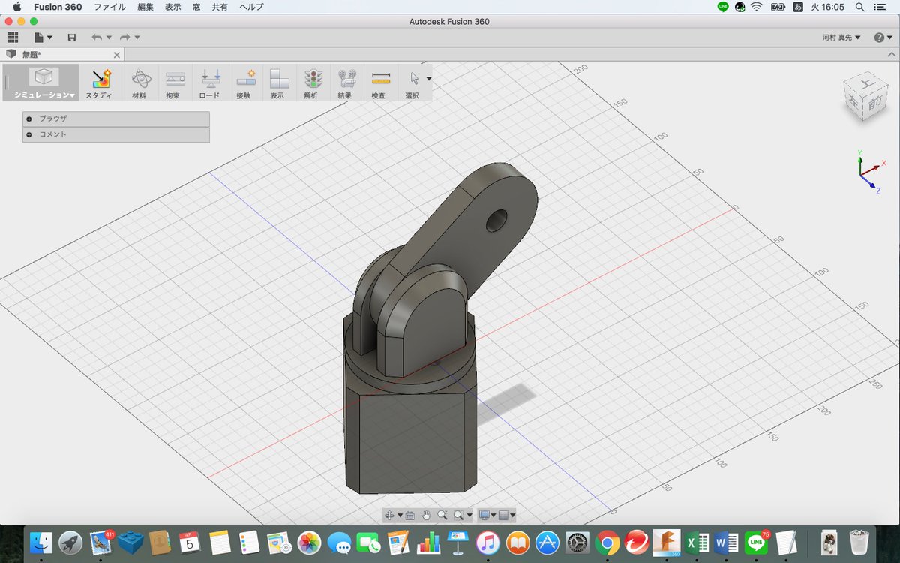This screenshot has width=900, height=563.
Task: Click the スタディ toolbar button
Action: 99,82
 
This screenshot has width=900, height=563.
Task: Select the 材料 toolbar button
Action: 139,82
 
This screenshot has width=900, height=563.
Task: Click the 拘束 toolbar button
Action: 174,82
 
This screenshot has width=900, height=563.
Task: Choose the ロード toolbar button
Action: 210,82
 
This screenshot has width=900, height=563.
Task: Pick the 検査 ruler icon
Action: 380,78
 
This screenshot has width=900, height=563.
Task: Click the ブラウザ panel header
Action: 116,119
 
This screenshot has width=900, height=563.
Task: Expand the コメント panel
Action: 28,134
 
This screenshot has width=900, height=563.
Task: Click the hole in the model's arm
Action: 496,221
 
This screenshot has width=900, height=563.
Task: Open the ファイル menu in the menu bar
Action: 109,7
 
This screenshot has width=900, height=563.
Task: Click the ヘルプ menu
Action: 251,7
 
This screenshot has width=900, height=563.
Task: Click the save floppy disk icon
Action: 72,38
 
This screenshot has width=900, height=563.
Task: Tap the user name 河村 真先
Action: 841,38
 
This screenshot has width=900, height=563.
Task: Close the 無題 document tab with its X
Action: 116,55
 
